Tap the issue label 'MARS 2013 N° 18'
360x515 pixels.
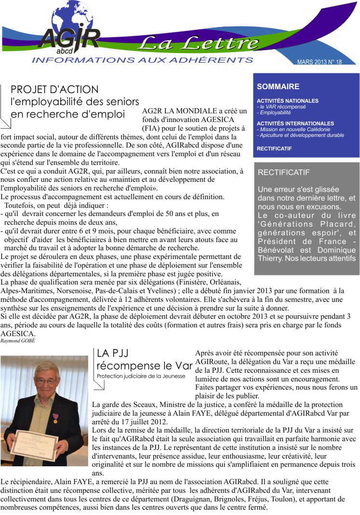point(320,62)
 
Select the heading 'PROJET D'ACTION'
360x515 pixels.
point(54,90)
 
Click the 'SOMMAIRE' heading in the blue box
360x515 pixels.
point(278,87)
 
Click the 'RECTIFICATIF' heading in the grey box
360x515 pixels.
point(284,173)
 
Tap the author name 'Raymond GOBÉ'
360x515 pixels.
point(18,340)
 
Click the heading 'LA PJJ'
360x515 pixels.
point(112,353)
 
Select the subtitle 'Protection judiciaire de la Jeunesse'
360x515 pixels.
point(141,376)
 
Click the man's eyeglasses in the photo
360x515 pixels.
point(46,381)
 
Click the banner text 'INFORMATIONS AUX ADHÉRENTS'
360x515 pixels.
point(142,60)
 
